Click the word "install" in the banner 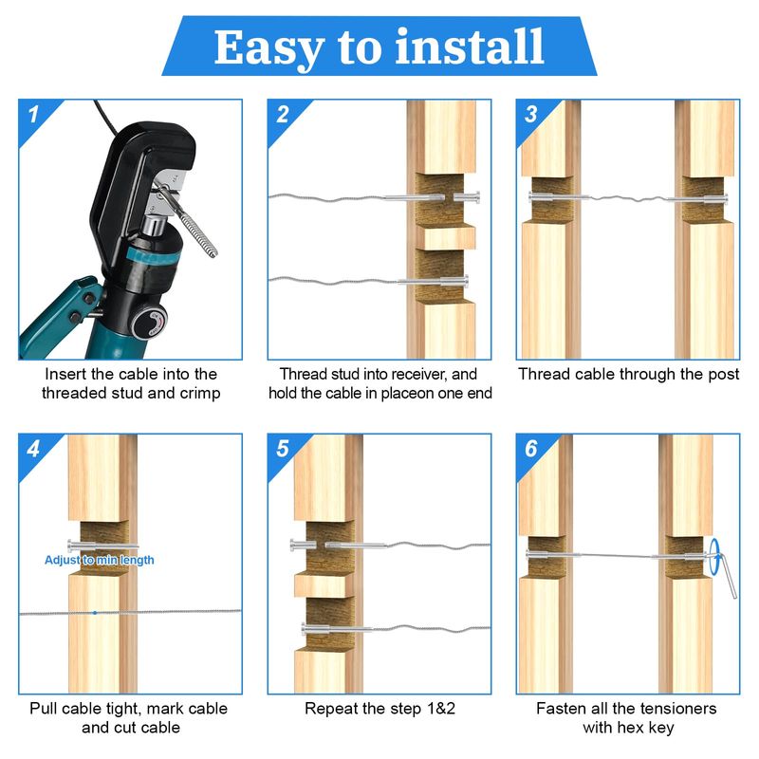(x=470, y=46)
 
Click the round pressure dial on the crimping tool (x=150, y=322)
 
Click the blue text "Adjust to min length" (x=100, y=560)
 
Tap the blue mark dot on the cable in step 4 (x=95, y=613)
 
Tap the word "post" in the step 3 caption (x=722, y=375)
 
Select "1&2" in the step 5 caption (x=440, y=709)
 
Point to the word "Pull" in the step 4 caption (x=44, y=709)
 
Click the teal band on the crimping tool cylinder (x=155, y=256)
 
